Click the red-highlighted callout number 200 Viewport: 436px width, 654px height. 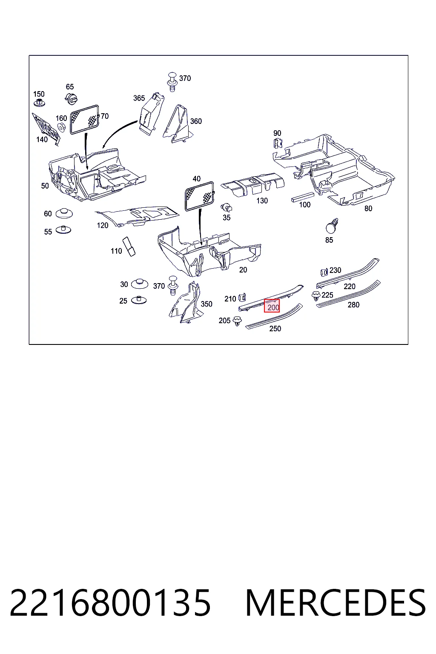pos(273,307)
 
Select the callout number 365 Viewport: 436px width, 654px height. pos(139,98)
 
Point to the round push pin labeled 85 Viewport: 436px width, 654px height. pos(331,226)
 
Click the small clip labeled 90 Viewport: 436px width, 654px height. pos(278,143)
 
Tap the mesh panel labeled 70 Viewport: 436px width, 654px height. pos(85,119)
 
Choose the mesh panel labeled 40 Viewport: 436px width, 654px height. pos(200,196)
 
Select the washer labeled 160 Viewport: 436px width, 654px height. pos(61,127)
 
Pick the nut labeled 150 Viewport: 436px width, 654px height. pos(39,103)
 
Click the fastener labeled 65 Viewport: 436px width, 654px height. pos(71,98)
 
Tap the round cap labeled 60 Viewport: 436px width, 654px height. pos(64,213)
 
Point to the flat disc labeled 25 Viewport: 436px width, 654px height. pos(139,300)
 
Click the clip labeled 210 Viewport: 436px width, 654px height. pos(242,298)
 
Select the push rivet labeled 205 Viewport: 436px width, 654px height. pos(237,321)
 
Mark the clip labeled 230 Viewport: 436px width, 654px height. pos(324,272)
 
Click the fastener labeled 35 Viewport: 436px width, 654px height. pos(227,207)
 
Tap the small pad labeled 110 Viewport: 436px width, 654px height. pos(129,247)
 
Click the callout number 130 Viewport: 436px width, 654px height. pos(262,201)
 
